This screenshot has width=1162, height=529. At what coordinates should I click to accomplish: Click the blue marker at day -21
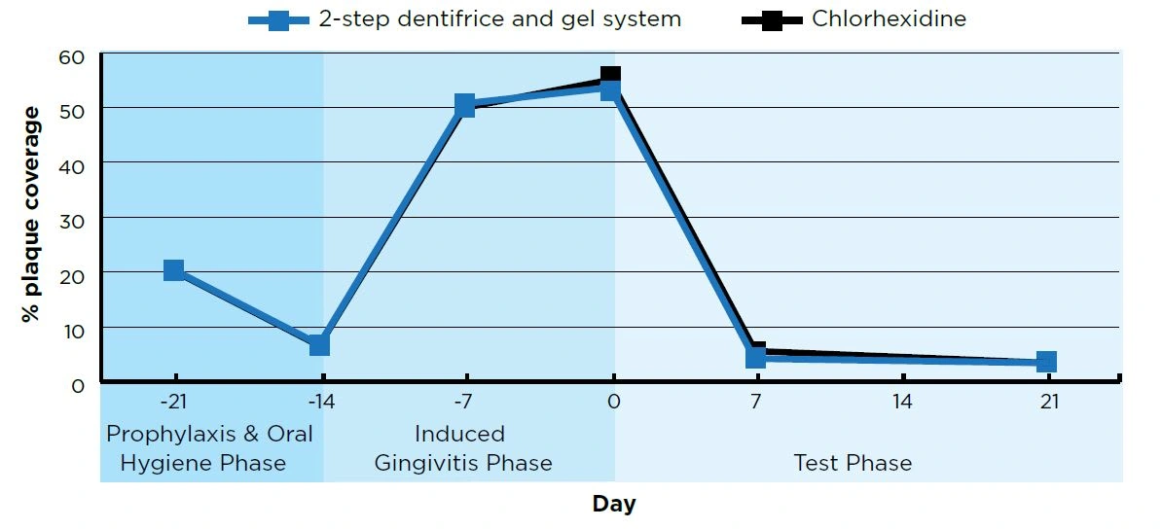pyautogui.click(x=174, y=270)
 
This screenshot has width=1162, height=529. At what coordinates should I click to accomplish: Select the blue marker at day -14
pyautogui.click(x=319, y=345)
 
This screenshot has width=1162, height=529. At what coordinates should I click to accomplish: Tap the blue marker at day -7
pyautogui.click(x=465, y=105)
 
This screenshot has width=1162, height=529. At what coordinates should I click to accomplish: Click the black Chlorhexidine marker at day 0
pyautogui.click(x=611, y=75)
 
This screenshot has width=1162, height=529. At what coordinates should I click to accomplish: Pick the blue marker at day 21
pyautogui.click(x=1046, y=362)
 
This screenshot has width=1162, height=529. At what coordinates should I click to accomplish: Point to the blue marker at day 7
pyautogui.click(x=756, y=357)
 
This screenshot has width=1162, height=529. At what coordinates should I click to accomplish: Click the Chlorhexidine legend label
pyautogui.click(x=889, y=18)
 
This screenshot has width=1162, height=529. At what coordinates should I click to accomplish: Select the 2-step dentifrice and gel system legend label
pyautogui.click(x=500, y=18)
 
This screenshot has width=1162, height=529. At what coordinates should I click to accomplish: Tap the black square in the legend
pyautogui.click(x=772, y=19)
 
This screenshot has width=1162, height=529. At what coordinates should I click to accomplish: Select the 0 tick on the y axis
pyautogui.click(x=79, y=384)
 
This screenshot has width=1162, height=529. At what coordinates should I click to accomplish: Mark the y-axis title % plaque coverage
pyautogui.click(x=32, y=215)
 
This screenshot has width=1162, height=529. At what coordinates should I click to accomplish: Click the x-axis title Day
pyautogui.click(x=614, y=504)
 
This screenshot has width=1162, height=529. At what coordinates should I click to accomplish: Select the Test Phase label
pyautogui.click(x=853, y=463)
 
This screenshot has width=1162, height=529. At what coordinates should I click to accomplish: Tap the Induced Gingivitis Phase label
pyautogui.click(x=463, y=448)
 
